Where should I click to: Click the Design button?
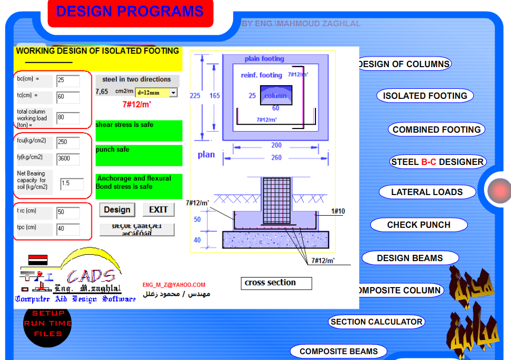pos(117,210)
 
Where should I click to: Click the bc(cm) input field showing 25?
pos(68,81)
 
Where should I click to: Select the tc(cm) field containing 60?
pos(68,97)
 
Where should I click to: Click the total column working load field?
pos(68,118)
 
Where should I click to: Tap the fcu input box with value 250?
pos(68,143)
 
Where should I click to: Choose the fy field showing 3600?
pos(68,159)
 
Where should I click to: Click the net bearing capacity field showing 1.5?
pos(71,184)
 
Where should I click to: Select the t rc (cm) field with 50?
pos(68,213)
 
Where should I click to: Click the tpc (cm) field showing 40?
pos(68,229)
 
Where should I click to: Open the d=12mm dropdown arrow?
pos(173,93)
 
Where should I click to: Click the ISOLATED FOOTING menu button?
pos(425,96)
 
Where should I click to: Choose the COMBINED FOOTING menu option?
pos(436,130)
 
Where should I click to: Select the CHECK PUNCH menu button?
pos(419,225)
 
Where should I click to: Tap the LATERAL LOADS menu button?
pos(426,192)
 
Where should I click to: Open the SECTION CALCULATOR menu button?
pos(376,321)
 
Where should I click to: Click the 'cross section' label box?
pos(276,283)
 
